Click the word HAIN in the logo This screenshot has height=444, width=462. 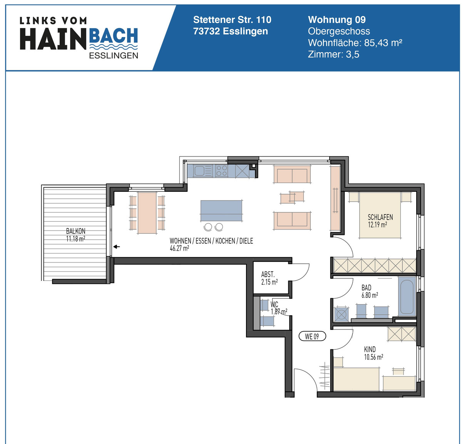tap(53, 39)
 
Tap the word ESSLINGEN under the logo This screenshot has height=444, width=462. tap(113, 56)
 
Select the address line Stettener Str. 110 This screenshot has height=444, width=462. tap(232, 20)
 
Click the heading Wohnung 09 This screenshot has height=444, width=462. tap(337, 20)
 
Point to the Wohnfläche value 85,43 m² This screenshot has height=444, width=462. tap(383, 43)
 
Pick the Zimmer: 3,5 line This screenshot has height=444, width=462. tap(333, 54)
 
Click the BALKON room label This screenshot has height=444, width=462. tap(76, 231)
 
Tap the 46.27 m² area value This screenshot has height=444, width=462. tap(179, 248)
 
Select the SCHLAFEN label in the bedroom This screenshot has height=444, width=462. tap(380, 217)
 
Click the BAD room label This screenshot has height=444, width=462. tap(366, 288)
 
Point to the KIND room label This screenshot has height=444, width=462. tap(370, 349)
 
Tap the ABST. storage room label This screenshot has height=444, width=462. tap(268, 274)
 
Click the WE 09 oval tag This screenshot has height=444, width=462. tap(312, 336)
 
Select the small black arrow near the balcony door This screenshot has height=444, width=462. tap(116, 247)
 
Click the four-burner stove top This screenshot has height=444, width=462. tap(221, 171)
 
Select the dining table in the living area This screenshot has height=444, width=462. tap(147, 213)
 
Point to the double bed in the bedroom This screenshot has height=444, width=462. tap(380, 216)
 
